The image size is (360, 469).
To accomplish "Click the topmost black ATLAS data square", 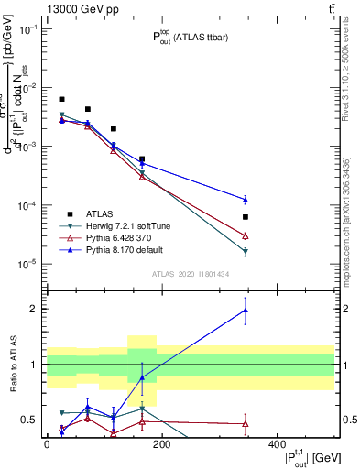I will point(61,99).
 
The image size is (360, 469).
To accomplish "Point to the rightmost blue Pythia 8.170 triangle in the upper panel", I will point(322,200).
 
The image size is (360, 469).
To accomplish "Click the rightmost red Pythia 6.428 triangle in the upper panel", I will point(322,235).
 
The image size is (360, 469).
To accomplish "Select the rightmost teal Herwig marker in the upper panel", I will point(322,252).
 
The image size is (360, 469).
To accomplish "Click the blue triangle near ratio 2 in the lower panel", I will point(322,310).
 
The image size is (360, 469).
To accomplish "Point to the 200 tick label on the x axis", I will point(161,443).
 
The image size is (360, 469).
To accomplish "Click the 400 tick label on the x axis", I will point(277,443).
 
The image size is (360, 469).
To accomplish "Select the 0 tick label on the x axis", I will point(47,443).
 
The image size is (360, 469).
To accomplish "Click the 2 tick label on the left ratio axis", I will point(35,309).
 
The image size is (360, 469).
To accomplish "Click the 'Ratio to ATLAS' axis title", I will point(13,365).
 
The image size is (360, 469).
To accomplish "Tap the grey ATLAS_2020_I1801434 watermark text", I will point(191,274).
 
